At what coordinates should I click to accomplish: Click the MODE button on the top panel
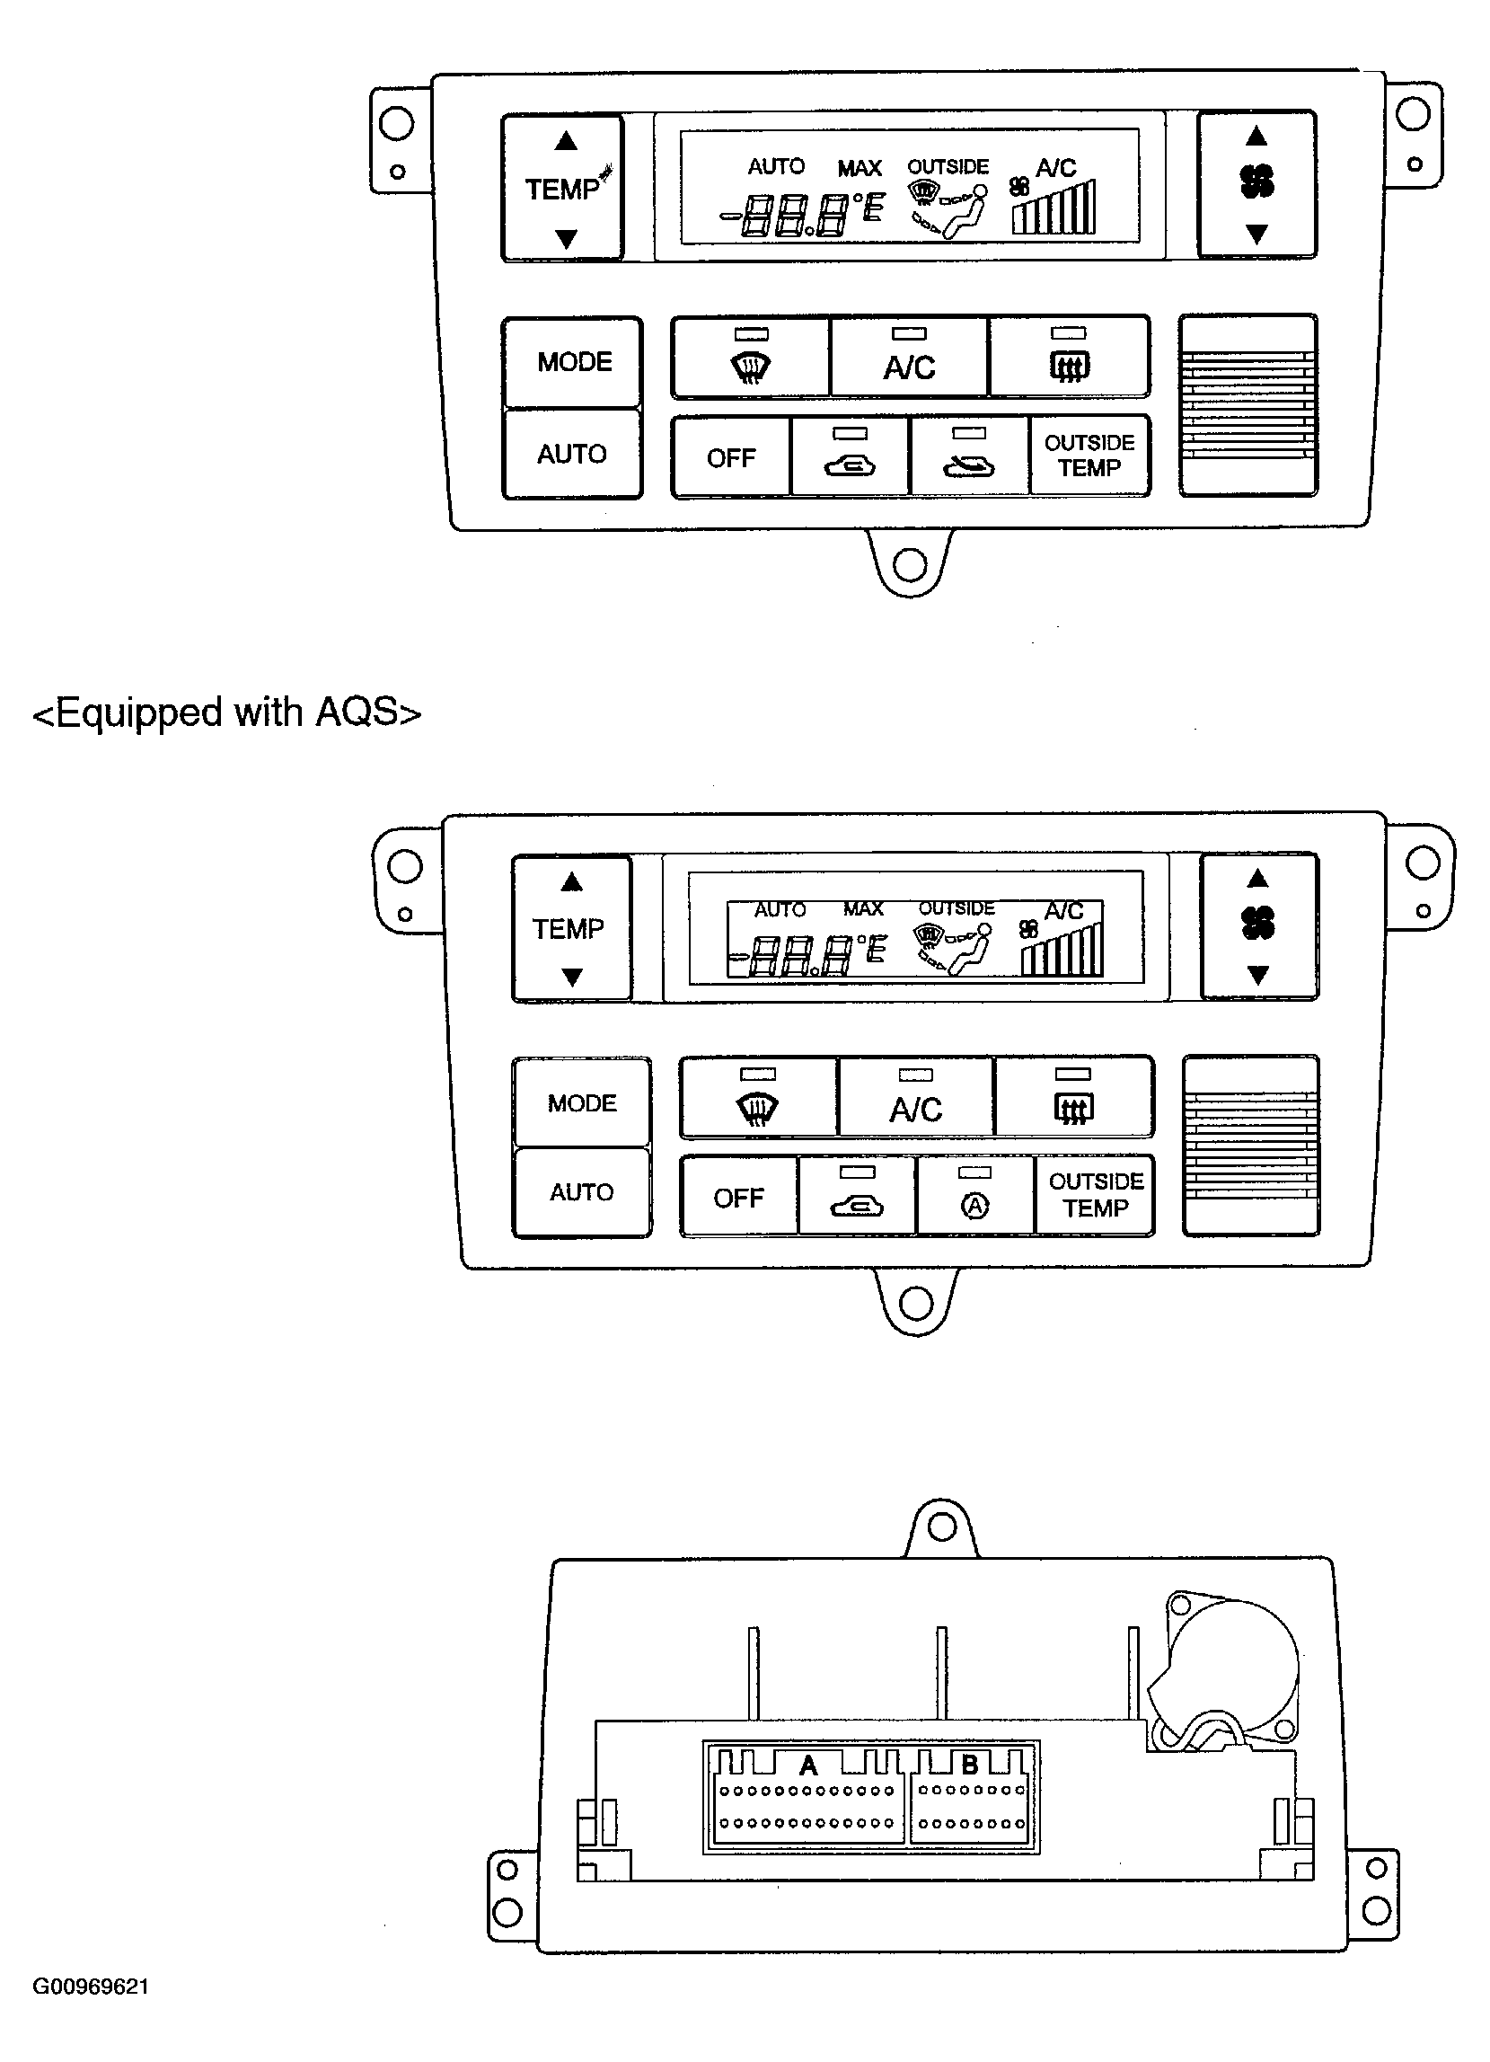click(573, 362)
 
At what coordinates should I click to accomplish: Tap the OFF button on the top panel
click(732, 456)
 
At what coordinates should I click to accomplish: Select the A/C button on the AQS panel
click(915, 1096)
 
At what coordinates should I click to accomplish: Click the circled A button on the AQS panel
click(975, 1195)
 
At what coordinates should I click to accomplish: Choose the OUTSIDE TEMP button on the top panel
click(1089, 456)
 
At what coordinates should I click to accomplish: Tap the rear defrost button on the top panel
click(1069, 358)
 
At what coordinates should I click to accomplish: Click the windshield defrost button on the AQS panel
click(758, 1096)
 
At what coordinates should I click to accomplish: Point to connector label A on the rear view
click(808, 1766)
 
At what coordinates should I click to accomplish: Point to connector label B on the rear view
click(970, 1765)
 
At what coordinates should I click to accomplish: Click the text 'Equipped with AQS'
click(227, 712)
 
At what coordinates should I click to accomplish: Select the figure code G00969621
click(91, 1987)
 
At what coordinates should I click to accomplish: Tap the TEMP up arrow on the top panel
click(567, 141)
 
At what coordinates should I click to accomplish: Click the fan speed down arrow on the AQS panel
click(1258, 976)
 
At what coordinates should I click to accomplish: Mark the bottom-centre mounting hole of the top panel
click(910, 565)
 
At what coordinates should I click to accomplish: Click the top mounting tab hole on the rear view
click(942, 1527)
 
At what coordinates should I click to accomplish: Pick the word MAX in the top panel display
click(860, 168)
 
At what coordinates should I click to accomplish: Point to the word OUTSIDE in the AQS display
click(957, 908)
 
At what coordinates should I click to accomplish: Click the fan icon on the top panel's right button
click(1257, 181)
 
